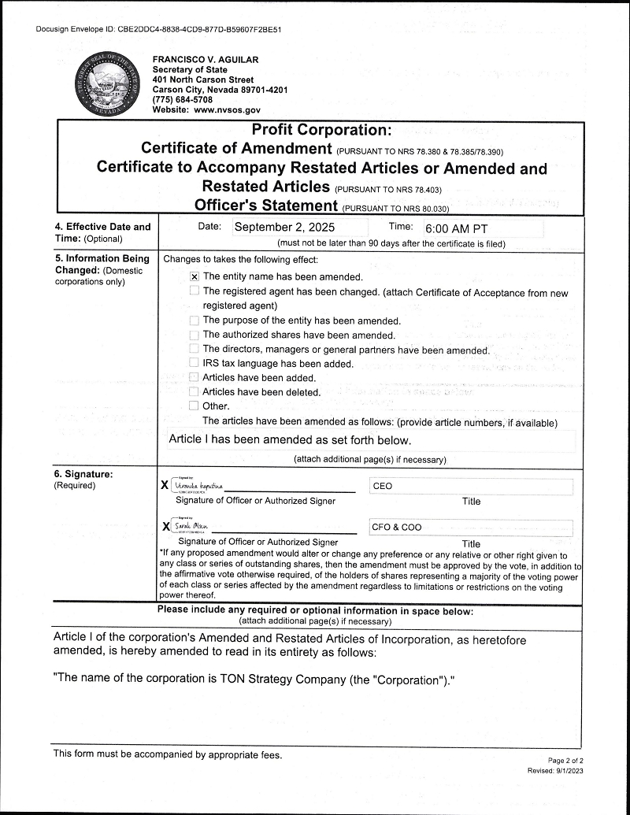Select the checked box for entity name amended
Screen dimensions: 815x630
click(194, 277)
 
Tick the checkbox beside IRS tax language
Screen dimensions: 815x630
click(194, 363)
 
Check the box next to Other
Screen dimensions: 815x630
click(194, 406)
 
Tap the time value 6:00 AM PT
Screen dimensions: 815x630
click(456, 228)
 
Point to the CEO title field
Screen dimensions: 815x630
click(472, 486)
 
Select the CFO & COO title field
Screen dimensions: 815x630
click(472, 528)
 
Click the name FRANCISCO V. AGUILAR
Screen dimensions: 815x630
click(205, 60)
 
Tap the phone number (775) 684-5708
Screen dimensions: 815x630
click(182, 100)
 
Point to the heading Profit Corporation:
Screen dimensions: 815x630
click(321, 130)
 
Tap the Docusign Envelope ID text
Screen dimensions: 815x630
click(158, 29)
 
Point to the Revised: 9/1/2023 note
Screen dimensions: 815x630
click(555, 771)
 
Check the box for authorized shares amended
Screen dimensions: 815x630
click(194, 335)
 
